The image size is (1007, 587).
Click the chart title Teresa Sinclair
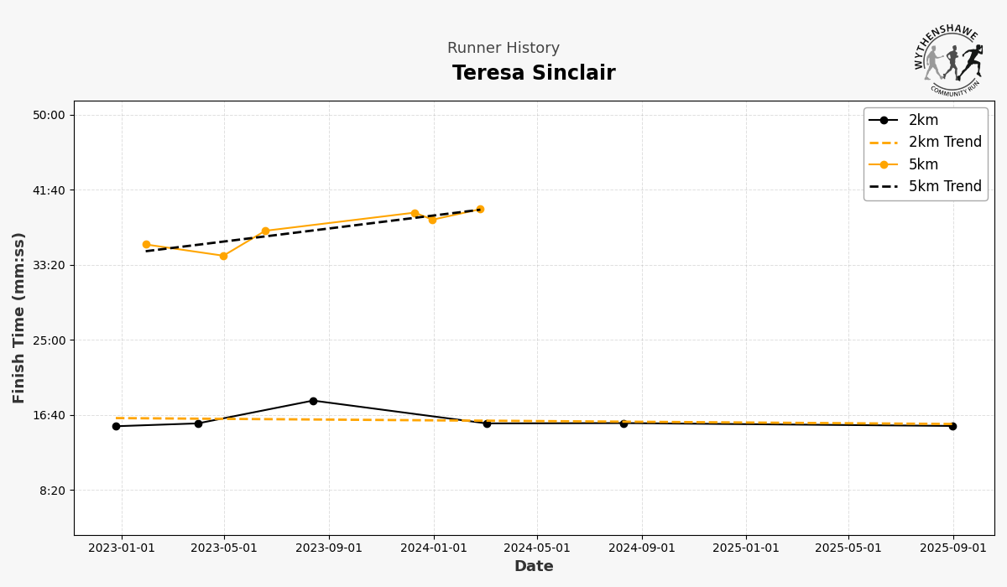[x=534, y=74]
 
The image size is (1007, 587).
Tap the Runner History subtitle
[x=503, y=49]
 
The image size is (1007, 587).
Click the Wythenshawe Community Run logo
[x=949, y=61]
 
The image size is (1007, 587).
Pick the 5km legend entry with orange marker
[x=923, y=165]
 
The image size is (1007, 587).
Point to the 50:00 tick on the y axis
[x=54, y=115]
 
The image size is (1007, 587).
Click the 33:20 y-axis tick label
[x=54, y=265]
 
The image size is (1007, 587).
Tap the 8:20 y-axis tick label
[x=57, y=491]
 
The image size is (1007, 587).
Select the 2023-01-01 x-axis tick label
[x=122, y=548]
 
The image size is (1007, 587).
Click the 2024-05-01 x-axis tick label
[x=537, y=548]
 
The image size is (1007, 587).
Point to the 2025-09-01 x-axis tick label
[x=952, y=548]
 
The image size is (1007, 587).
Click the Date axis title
[x=534, y=567]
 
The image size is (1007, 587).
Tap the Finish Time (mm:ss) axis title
[x=19, y=318]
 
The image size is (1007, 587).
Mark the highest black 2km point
[x=313, y=401]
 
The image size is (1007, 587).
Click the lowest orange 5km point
[x=223, y=256]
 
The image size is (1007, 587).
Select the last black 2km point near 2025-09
[x=952, y=426]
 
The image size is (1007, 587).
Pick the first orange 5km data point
[x=146, y=245]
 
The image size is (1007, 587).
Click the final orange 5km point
[x=480, y=210]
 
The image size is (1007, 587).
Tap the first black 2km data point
[x=116, y=426]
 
